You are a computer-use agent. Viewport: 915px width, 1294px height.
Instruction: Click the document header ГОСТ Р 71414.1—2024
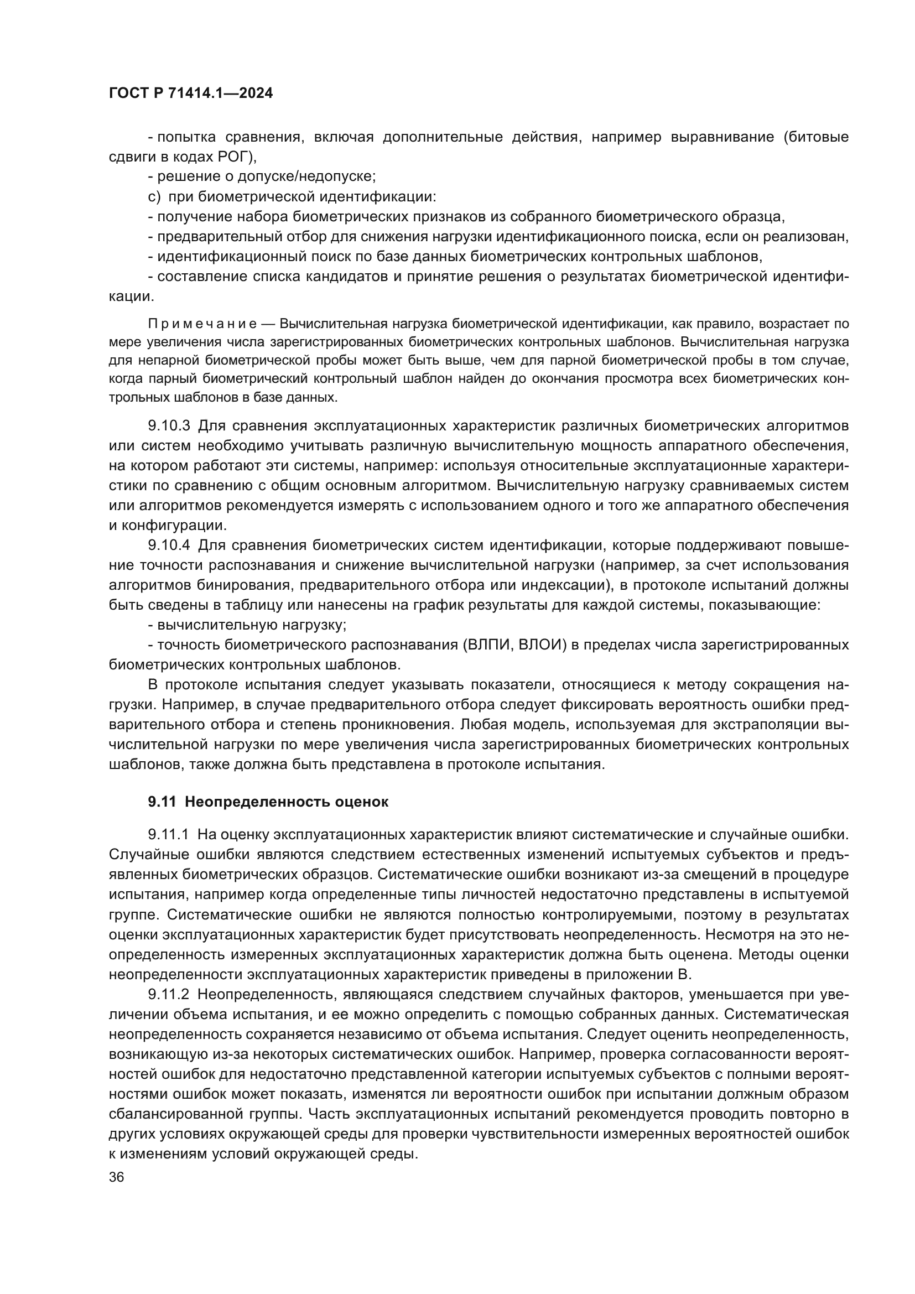190,93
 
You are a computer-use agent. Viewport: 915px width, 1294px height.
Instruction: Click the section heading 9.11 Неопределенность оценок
268,802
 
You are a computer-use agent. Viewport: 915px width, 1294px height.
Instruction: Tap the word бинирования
244,585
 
